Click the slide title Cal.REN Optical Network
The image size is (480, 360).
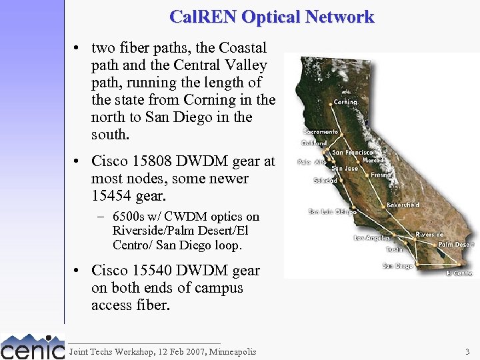(x=272, y=17)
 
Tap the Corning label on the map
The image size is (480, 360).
(x=345, y=102)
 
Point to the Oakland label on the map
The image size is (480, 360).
(x=314, y=143)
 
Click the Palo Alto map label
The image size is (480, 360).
(x=312, y=162)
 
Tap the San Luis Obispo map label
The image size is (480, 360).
(x=332, y=212)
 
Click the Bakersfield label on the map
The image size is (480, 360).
(x=403, y=205)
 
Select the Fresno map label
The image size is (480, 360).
(x=381, y=175)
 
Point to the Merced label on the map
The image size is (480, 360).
(x=373, y=161)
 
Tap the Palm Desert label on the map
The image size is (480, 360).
(x=456, y=245)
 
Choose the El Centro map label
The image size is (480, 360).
(x=459, y=273)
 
